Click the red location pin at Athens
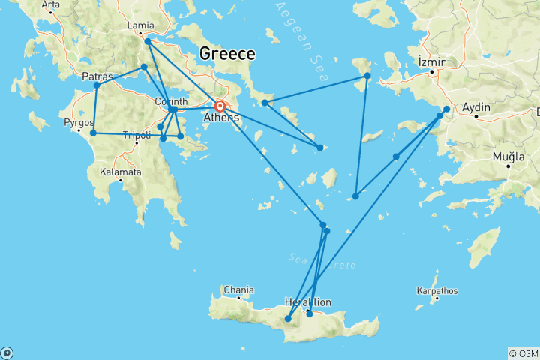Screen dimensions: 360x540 coord(220,107)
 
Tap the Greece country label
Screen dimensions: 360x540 coord(226,54)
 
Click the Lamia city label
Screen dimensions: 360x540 coord(141,25)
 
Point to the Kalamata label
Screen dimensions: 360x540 coord(120,172)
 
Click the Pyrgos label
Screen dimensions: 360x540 coord(79,121)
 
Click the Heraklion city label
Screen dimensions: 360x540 coord(308,301)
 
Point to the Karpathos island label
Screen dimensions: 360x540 coord(437,290)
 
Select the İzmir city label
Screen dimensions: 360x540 coord(432,61)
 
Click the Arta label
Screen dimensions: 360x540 coord(50,4)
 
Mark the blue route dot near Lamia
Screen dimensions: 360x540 coord(147,41)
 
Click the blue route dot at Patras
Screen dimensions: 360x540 coord(97,85)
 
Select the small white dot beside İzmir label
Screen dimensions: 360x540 coord(433,71)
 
